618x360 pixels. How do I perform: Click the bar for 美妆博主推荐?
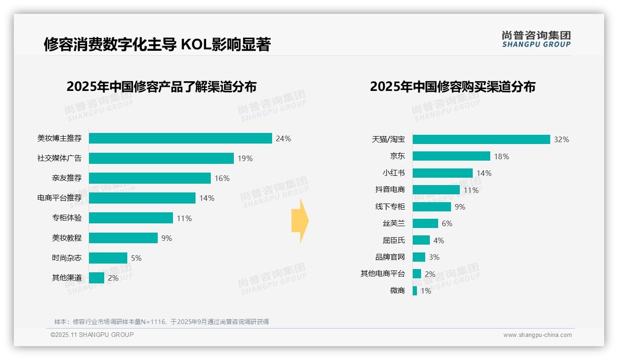click(180, 138)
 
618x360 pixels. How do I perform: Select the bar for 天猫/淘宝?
click(481, 139)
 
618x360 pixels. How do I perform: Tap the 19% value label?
click(245, 158)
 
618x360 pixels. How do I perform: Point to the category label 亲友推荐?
click(67, 178)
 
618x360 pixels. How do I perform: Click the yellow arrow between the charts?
click(300, 221)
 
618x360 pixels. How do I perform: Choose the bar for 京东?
click(451, 156)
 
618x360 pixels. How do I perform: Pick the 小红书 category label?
click(394, 173)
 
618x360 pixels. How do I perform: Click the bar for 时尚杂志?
click(108, 258)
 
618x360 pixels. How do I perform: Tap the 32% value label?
click(561, 139)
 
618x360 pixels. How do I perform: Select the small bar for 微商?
click(415, 291)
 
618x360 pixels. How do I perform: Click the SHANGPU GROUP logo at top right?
click(536, 39)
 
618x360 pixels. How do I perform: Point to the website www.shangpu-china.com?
click(537, 335)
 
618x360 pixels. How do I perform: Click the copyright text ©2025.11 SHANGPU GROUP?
click(92, 335)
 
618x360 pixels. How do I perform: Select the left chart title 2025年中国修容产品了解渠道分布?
click(161, 87)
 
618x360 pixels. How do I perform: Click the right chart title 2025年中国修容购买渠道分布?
click(452, 87)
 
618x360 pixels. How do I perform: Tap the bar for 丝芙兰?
click(425, 223)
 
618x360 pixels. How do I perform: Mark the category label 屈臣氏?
click(394, 240)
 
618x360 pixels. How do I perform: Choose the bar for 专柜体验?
click(131, 218)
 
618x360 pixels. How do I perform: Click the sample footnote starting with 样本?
click(161, 322)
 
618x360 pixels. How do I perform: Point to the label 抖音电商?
click(390, 190)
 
